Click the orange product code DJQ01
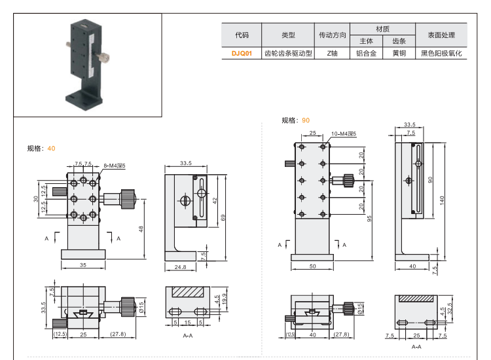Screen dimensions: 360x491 coord(242,54)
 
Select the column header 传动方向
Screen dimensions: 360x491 coord(332,35)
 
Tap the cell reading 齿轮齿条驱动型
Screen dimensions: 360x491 coord(288,54)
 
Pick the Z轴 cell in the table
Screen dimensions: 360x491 coord(332,54)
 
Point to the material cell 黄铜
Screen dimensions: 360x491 coord(399,54)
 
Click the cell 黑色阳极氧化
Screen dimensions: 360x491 coord(441,54)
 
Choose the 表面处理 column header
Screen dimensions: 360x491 coord(441,35)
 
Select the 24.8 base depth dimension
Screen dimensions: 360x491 coord(181,267)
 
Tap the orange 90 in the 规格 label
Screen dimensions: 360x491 coord(306,120)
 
